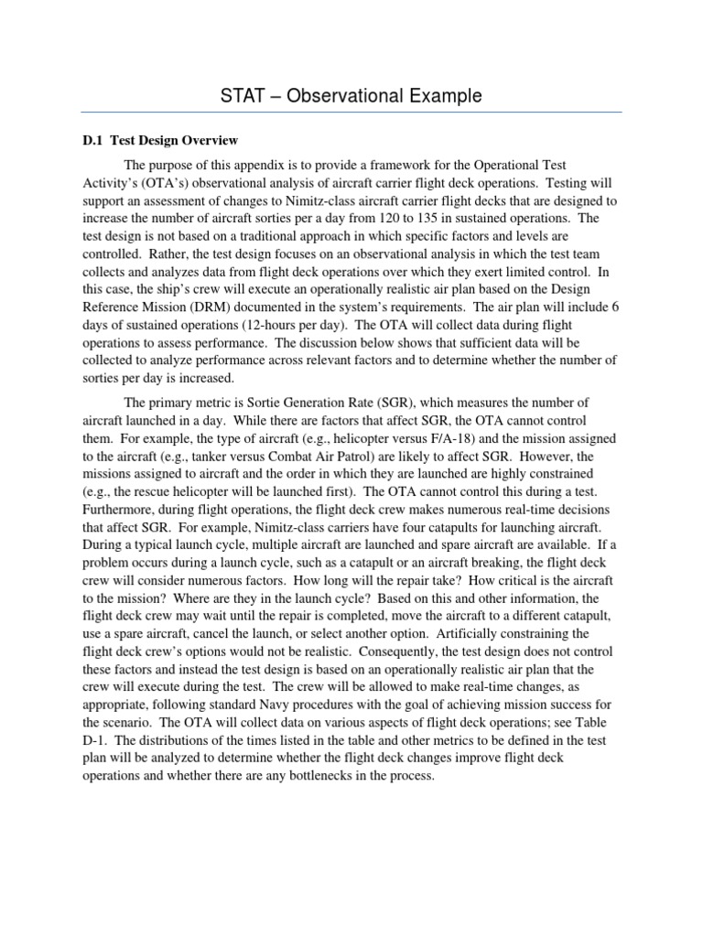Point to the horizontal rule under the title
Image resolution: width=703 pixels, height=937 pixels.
point(351,113)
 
